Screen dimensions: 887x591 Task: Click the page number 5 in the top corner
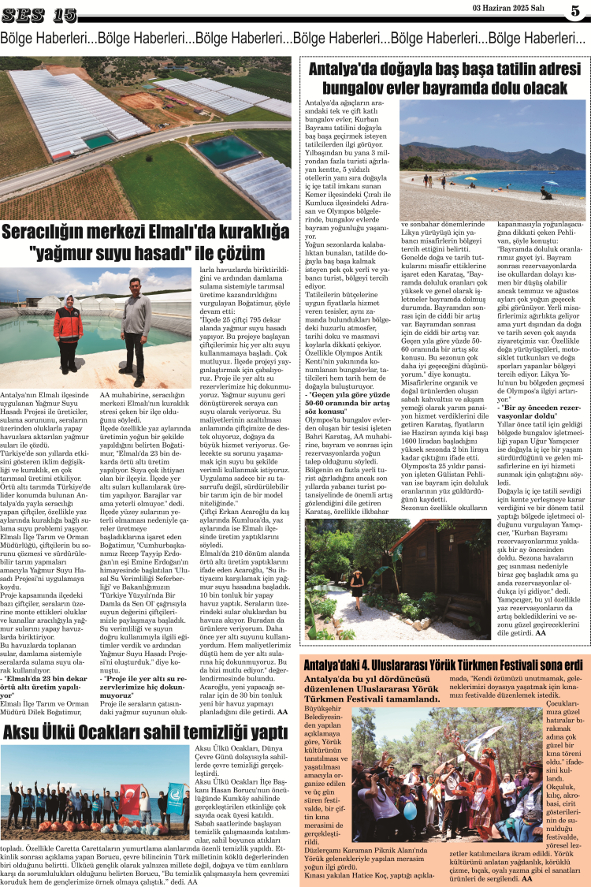(x=576, y=11)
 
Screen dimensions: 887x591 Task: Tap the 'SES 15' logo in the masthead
(x=39, y=13)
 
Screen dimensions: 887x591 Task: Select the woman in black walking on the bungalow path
(x=357, y=588)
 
